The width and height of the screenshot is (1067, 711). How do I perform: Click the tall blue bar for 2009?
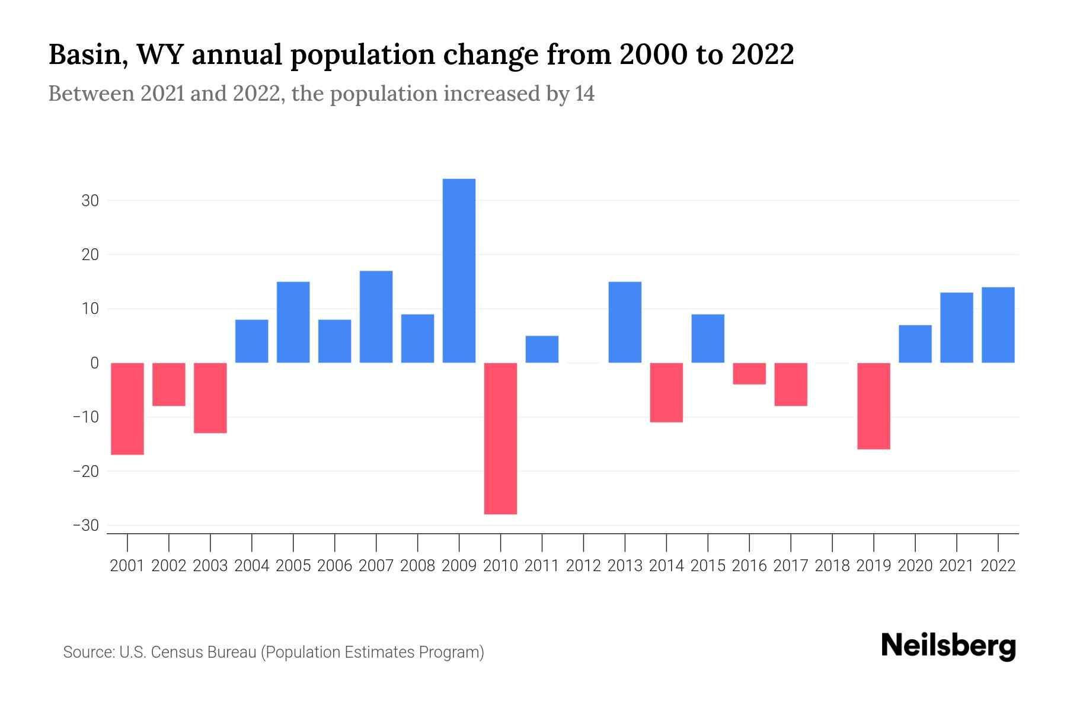coord(459,271)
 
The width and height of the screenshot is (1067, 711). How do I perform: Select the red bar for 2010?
coord(500,438)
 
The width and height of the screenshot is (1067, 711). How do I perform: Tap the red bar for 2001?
coord(127,409)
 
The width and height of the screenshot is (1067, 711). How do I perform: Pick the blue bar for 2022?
coord(998,325)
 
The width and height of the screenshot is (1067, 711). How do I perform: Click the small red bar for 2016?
coord(749,373)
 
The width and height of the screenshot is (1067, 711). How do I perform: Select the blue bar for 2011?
coord(542,350)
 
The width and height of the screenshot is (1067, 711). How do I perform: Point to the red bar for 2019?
coord(873,406)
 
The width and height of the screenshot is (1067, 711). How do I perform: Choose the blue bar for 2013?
coord(625,322)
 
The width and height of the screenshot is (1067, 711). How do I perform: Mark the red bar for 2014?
coord(666,392)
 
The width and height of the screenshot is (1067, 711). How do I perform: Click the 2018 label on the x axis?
coord(832,566)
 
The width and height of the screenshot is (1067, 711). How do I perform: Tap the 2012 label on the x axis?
coord(583,566)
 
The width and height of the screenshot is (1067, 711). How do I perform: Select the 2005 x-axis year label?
coord(293,566)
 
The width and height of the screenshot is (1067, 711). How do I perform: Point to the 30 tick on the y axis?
coord(90,201)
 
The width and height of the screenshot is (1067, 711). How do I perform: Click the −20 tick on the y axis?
coord(86,472)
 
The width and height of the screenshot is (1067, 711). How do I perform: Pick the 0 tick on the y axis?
coord(94,363)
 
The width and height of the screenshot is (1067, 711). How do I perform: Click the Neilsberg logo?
coord(948,646)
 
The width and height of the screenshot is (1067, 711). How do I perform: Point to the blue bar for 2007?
coord(376,317)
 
